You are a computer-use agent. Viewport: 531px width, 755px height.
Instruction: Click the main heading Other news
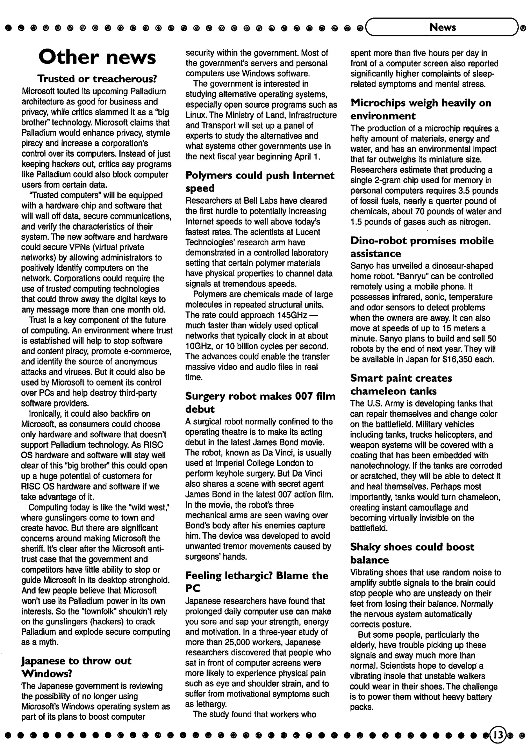(97, 57)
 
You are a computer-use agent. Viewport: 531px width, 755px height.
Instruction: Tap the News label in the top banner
(442, 27)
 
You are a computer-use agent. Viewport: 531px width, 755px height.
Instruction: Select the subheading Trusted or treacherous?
(97, 78)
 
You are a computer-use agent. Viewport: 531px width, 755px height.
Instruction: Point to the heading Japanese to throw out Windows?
(76, 667)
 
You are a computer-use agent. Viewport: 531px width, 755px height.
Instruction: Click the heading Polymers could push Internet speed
(260, 181)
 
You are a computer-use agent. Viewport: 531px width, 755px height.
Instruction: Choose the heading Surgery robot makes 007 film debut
(260, 402)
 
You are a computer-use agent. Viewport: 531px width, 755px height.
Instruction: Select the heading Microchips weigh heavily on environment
(421, 109)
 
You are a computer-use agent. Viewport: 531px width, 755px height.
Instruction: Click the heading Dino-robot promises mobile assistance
(422, 247)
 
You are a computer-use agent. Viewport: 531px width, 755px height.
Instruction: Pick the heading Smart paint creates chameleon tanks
(401, 384)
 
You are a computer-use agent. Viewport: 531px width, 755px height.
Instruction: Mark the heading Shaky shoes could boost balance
(412, 553)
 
